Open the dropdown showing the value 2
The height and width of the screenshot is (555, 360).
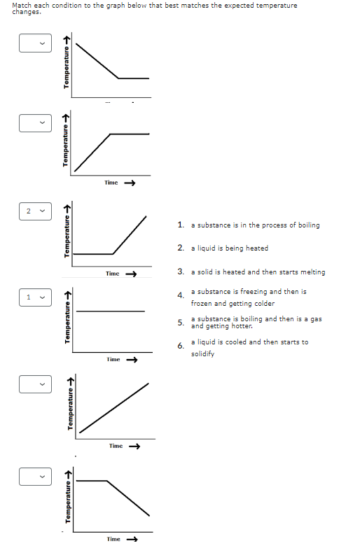pos(34,211)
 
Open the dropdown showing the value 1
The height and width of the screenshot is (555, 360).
pos(34,297)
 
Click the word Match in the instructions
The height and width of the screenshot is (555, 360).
pos(21,5)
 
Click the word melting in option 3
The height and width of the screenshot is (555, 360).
pos(312,272)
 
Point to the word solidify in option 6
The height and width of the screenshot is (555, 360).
pos(203,354)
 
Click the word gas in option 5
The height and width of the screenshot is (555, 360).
pos(316,318)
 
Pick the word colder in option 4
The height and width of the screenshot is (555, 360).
pos(262,304)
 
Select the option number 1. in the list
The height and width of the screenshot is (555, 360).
pos(181,225)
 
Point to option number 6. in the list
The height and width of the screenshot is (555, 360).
pos(181,346)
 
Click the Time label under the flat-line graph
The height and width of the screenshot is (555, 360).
pos(113,360)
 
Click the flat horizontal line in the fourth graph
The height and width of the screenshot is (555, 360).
pos(111,311)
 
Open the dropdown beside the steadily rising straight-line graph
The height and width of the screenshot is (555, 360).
pos(34,383)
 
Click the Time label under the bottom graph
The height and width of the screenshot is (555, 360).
pos(113,539)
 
